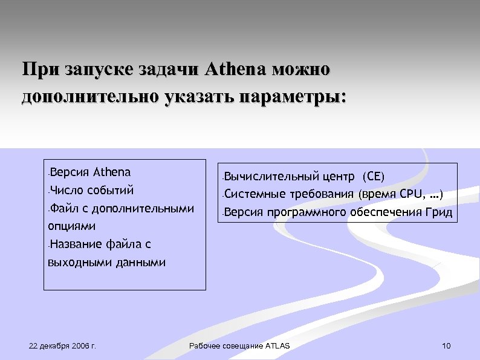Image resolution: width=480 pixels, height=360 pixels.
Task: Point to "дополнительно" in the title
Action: click(89, 97)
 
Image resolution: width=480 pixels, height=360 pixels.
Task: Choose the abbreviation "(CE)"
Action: click(372, 177)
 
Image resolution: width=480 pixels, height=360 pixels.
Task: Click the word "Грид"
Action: click(439, 212)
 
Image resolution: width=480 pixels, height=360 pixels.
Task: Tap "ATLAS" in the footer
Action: click(277, 346)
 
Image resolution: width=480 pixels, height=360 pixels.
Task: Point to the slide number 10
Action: click(447, 346)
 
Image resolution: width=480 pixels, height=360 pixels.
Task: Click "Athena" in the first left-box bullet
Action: click(112, 172)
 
